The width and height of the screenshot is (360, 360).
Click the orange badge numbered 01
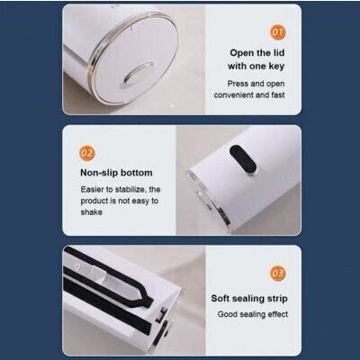(278, 31)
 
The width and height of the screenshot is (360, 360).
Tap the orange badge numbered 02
(87, 153)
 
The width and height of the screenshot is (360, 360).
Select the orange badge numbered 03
(278, 273)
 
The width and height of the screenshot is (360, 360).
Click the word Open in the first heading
(242, 53)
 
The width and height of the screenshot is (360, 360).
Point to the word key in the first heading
(276, 67)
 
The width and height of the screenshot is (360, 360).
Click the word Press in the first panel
(238, 84)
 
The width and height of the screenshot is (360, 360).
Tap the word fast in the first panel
(278, 95)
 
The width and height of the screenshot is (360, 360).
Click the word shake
(91, 212)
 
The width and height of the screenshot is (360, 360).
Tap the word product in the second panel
(94, 202)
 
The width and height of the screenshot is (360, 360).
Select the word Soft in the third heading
(220, 299)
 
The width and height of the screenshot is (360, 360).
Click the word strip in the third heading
(278, 299)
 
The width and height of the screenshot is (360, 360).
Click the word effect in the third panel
(278, 314)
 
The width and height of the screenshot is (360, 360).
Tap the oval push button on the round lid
(139, 73)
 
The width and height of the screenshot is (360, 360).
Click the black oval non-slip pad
(243, 159)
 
